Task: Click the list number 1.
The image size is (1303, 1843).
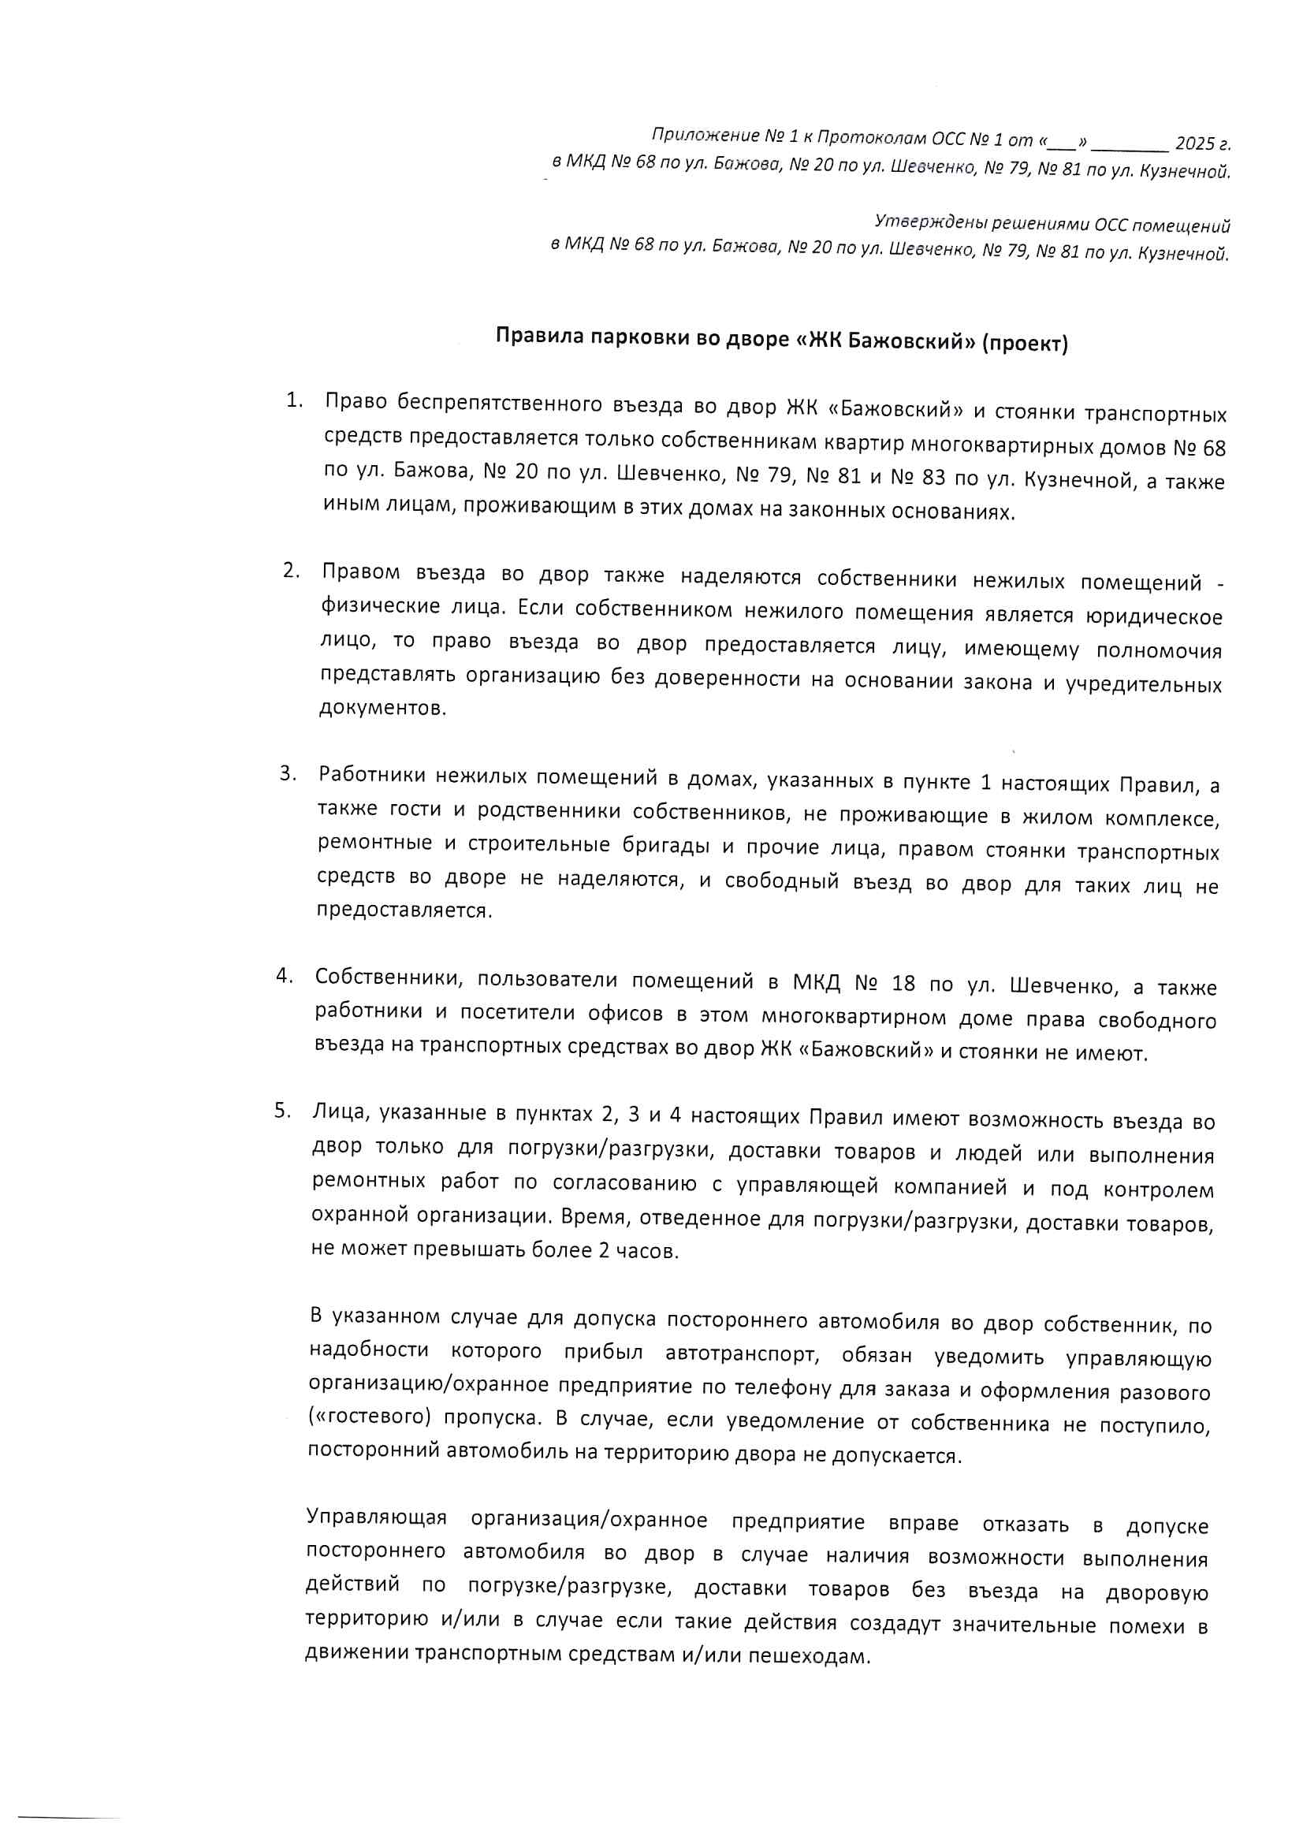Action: pyautogui.click(x=294, y=400)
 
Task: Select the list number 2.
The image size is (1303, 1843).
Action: pyautogui.click(x=291, y=571)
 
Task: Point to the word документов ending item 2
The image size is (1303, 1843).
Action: pyautogui.click(x=382, y=709)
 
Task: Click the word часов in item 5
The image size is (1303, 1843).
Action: pyautogui.click(x=647, y=1252)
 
